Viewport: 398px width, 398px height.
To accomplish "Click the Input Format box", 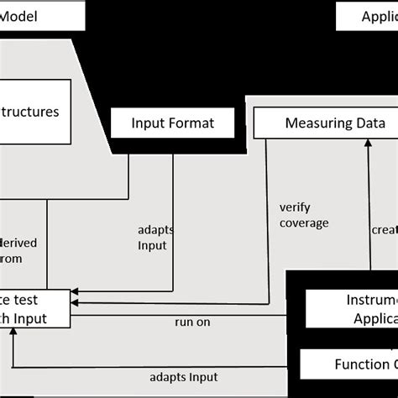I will coord(172,123).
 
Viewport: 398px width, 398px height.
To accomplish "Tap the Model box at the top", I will coord(42,15).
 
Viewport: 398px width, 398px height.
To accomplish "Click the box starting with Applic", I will coord(366,15).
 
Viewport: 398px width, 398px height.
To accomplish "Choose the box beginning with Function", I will coord(348,364).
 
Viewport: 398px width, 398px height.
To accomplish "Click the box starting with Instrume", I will coord(351,310).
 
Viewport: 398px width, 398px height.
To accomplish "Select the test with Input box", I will coord(34,308).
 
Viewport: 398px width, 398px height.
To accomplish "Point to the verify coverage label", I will coord(304,216).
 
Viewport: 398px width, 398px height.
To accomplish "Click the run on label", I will coord(192,321).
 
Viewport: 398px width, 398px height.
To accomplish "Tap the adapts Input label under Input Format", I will coord(152,237).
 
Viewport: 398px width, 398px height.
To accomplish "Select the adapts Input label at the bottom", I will coord(184,377).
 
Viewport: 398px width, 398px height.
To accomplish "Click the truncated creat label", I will coord(384,228).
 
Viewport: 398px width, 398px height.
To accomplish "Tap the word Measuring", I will coord(317,123).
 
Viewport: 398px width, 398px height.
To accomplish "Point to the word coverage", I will coord(304,223).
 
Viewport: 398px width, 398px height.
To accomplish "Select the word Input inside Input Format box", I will coord(149,123).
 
